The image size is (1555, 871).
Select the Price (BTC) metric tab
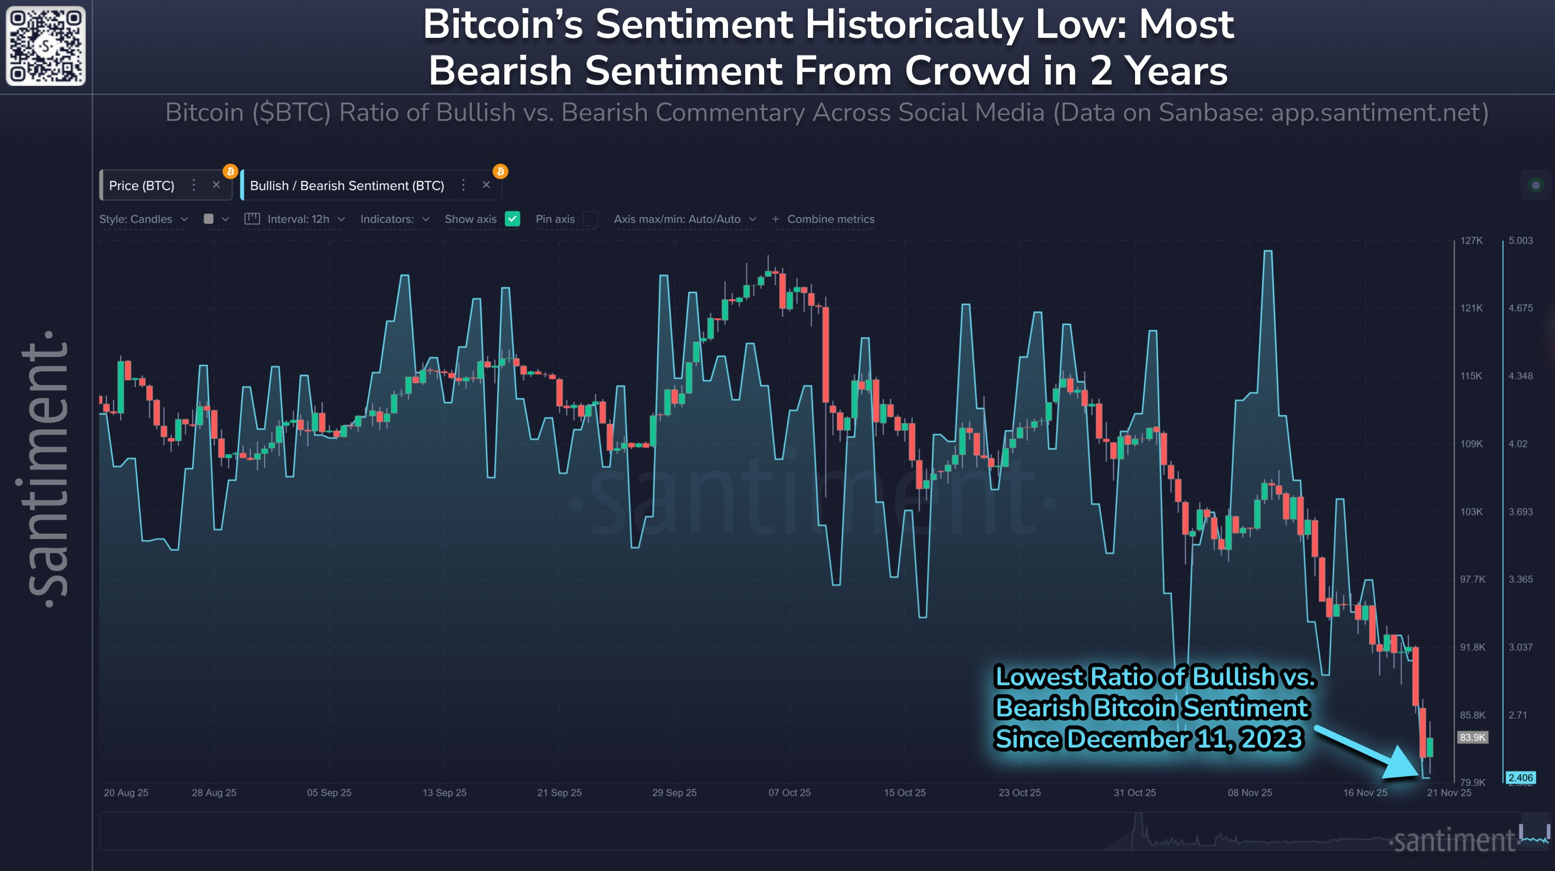(x=142, y=185)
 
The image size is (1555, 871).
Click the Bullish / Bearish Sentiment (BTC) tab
(x=346, y=185)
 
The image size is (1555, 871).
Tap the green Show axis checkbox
(x=513, y=219)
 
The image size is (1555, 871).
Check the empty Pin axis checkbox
(x=590, y=219)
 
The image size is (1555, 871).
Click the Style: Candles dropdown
(x=143, y=219)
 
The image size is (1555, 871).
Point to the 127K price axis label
(x=1471, y=240)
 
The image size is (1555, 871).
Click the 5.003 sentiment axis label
(x=1520, y=240)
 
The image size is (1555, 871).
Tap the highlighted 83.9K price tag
(x=1472, y=737)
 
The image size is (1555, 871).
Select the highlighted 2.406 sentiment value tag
(x=1520, y=777)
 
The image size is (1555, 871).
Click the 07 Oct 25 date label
(x=789, y=792)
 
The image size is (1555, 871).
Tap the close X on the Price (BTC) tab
(x=216, y=185)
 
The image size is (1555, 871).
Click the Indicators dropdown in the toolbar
(x=394, y=219)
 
